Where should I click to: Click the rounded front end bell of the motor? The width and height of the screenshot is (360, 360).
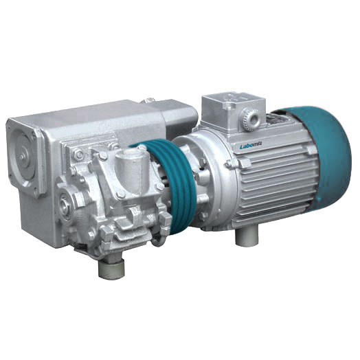(x=206, y=179)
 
